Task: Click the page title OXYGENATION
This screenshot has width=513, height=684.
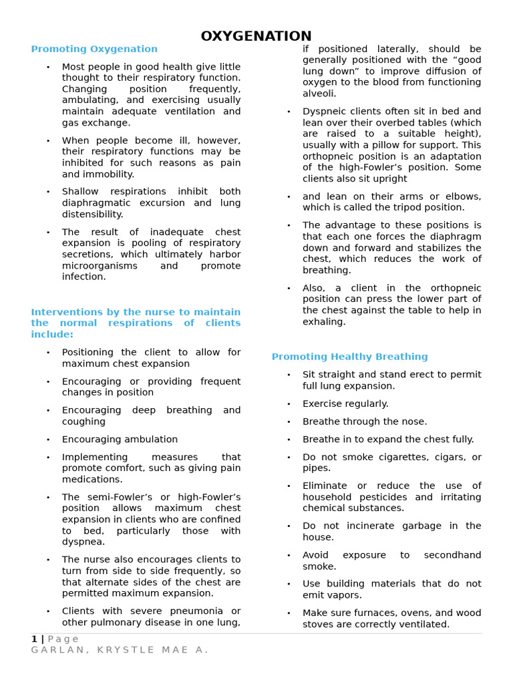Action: click(x=256, y=36)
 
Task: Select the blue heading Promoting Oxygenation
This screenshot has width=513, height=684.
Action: click(x=94, y=49)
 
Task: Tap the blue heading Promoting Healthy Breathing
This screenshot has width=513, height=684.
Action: click(x=349, y=357)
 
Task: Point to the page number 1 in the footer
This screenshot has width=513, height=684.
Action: click(x=33, y=639)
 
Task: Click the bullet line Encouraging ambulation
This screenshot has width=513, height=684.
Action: click(x=120, y=440)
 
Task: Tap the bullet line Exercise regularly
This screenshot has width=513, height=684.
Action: click(x=345, y=403)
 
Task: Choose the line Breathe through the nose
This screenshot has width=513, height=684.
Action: click(x=365, y=421)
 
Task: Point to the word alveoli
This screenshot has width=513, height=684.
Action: click(x=319, y=94)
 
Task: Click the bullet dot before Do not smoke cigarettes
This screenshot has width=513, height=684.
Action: click(x=289, y=458)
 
